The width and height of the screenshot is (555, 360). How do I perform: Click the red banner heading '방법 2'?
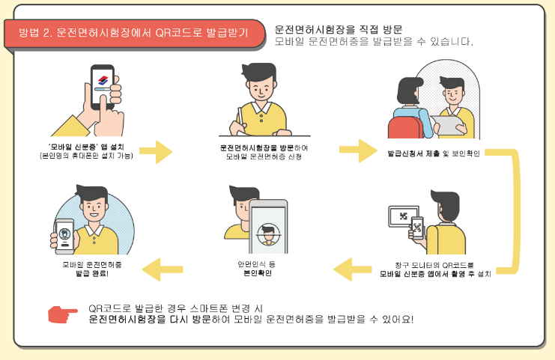click(x=134, y=33)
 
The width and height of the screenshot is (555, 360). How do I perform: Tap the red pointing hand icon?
click(x=63, y=314)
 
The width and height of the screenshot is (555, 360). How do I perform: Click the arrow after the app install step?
click(x=155, y=152)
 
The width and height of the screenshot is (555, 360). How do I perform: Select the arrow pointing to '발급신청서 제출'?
click(x=358, y=150)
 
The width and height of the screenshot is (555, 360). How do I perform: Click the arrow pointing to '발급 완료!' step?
click(x=163, y=269)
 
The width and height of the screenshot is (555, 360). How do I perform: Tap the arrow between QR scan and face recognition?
click(x=353, y=269)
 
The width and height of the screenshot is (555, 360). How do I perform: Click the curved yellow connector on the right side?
click(x=516, y=212)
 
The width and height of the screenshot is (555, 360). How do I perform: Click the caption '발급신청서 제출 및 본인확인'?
click(x=434, y=153)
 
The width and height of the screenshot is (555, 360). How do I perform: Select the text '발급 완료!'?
click(x=92, y=273)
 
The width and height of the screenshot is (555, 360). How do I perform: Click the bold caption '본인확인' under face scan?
click(x=258, y=273)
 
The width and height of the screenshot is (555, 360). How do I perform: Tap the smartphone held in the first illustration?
click(x=103, y=87)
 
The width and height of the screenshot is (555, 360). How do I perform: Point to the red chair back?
click(x=405, y=128)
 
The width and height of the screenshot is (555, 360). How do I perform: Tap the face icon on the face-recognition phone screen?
click(x=268, y=234)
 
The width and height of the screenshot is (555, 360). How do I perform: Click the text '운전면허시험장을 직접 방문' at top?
click(x=339, y=29)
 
